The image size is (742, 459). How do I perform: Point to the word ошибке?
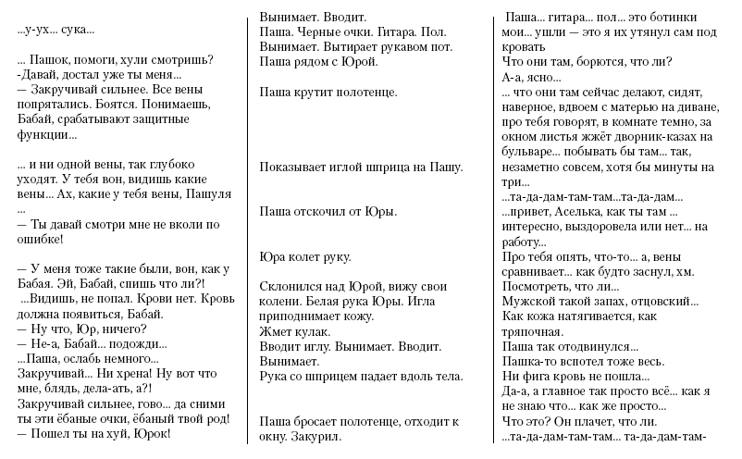click(41, 238)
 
